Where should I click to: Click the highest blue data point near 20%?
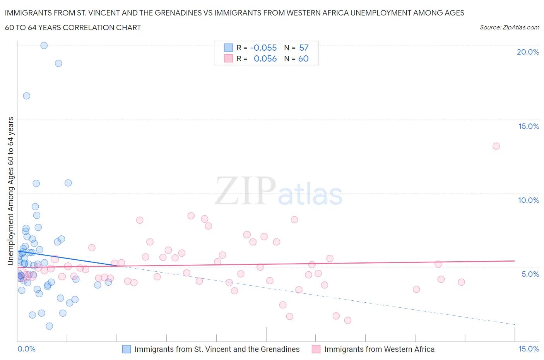point(44,45)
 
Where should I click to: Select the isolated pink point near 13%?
point(496,146)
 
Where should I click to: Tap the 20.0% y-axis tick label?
point(528,52)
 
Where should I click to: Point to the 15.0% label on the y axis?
point(529,126)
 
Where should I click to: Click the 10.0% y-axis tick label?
point(529,200)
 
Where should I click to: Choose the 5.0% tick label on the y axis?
point(530,274)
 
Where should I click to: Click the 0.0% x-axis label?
point(27,349)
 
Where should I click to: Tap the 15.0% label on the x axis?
point(529,349)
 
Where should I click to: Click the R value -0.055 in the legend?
point(263,48)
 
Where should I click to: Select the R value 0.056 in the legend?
point(265,58)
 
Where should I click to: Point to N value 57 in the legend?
point(304,48)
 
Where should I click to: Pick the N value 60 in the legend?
point(303,58)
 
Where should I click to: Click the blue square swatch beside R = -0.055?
point(228,48)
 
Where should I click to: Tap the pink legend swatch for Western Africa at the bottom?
point(316,349)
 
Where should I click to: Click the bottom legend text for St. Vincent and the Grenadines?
point(217,349)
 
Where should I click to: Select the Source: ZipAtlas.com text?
point(509,27)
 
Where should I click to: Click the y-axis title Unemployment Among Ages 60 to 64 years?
point(10,191)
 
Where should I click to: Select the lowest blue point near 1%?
point(49,326)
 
